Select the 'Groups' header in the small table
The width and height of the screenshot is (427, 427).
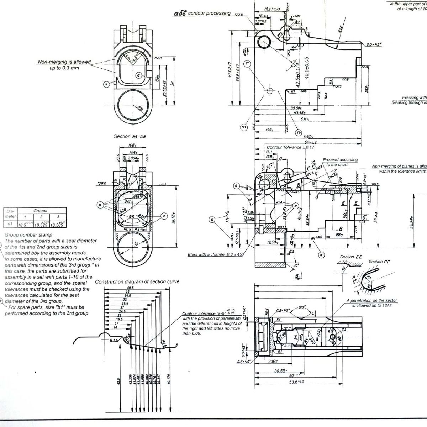(40, 211)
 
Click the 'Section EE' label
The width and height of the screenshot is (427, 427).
(350, 257)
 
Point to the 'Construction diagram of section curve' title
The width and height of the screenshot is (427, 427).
(137, 281)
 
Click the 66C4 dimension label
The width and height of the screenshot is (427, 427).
(308, 136)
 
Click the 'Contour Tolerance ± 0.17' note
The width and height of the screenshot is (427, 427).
(290, 147)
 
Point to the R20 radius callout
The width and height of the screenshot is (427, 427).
(341, 30)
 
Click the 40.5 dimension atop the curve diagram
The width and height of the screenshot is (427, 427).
(130, 288)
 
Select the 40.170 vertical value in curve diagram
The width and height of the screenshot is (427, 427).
(169, 379)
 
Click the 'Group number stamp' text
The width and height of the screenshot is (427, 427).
(28, 235)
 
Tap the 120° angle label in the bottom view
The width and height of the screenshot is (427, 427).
(302, 307)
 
